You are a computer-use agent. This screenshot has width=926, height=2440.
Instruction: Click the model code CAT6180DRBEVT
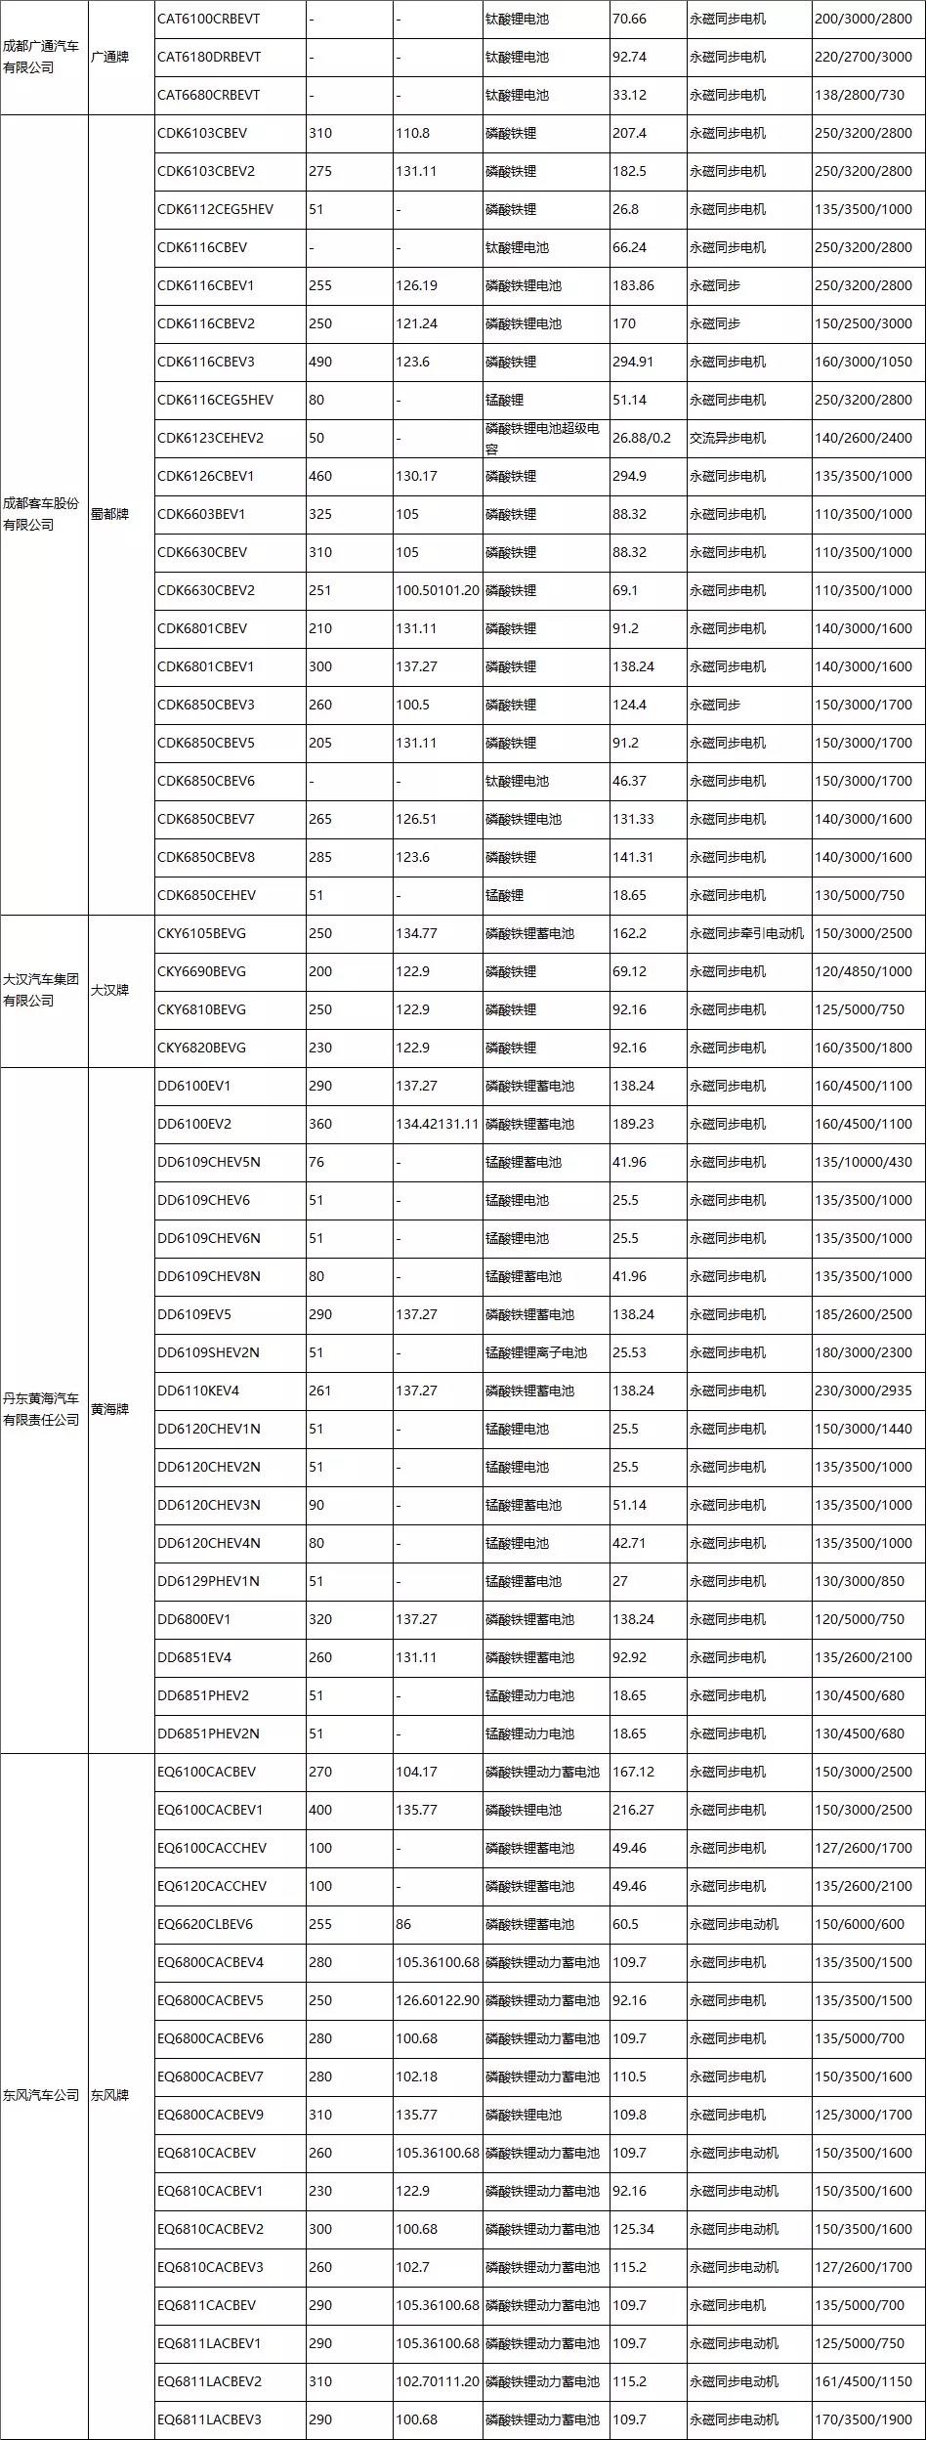pos(209,57)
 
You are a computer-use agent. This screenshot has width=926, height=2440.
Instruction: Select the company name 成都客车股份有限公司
pos(41,514)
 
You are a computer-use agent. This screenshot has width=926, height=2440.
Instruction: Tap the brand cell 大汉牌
pos(109,990)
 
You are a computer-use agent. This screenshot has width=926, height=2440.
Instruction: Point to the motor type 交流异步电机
pos(728,438)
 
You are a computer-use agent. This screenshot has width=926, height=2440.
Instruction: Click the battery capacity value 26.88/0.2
pos(642,438)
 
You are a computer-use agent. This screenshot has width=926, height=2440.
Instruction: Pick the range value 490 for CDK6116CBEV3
pos(320,362)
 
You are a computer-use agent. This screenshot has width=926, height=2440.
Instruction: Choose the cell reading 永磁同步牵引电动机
pos(746,933)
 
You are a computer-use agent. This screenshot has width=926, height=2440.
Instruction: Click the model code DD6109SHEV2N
pos(208,1352)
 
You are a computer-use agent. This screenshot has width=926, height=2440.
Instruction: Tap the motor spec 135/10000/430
pos(863,1162)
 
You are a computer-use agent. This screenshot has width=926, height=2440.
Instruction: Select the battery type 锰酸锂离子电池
pos(536,1352)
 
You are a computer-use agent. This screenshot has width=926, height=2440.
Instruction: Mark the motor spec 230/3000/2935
pos(863,1391)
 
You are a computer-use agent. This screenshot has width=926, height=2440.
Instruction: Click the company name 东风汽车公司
pos(41,2095)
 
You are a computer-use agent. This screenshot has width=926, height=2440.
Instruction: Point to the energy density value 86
pos(404,1924)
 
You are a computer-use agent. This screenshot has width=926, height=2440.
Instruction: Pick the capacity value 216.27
pos(634,1810)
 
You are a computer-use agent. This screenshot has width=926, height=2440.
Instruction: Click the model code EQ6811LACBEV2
pos(209,2381)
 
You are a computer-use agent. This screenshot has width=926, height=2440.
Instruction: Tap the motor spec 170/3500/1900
pos(863,2419)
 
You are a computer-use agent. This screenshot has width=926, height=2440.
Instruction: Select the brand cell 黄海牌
pos(109,1409)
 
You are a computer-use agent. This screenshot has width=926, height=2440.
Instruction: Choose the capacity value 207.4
pos(629,133)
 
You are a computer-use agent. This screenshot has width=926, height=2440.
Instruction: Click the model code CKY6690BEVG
pos(201,971)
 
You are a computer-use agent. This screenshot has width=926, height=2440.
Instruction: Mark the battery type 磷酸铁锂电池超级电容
pos(542,438)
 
